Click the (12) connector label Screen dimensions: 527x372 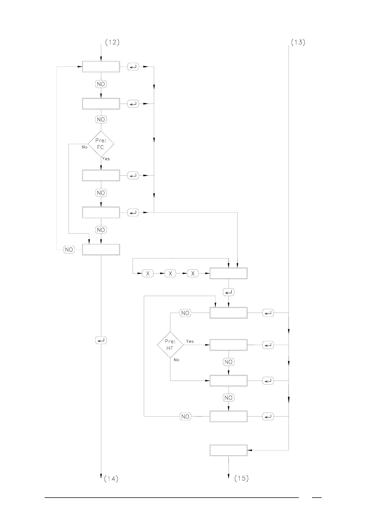tap(112, 43)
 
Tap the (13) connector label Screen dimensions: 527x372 tap(298, 43)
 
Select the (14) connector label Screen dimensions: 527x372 tap(111, 478)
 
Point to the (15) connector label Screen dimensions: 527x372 tap(241, 478)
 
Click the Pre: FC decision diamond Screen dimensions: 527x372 tap(101, 144)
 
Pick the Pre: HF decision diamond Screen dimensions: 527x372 tap(170, 345)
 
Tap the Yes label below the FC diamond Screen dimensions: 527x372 tap(106, 159)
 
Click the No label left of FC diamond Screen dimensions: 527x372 tap(84, 147)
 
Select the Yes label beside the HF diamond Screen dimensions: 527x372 tap(190, 341)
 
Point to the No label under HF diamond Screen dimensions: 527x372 tap(177, 360)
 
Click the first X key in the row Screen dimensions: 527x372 tap(148, 274)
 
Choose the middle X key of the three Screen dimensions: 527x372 tap(170, 274)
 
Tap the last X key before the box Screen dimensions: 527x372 tap(193, 274)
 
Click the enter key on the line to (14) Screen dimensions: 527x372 tap(101, 340)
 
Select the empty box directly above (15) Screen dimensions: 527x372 tap(229, 450)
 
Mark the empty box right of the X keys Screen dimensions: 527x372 tap(229, 274)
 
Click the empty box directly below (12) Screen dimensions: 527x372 tap(101, 67)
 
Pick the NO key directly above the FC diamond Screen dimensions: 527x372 tap(101, 120)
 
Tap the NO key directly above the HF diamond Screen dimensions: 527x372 tap(185, 313)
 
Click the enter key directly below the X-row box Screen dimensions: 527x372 tap(229, 292)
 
